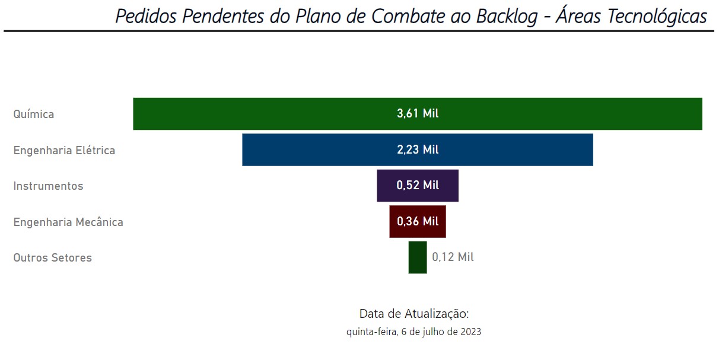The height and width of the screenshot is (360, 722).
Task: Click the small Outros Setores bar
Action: pyautogui.click(x=417, y=257)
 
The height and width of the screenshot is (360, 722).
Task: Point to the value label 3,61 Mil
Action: pyautogui.click(x=418, y=113)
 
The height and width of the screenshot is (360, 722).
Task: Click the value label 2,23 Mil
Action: pyautogui.click(x=418, y=149)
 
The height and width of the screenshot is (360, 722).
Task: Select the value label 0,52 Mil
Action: pyautogui.click(x=418, y=186)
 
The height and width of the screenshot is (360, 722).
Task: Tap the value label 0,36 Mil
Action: pyautogui.click(x=418, y=221)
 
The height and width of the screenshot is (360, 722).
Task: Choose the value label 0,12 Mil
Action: pyautogui.click(x=453, y=257)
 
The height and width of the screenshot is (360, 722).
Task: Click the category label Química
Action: pyautogui.click(x=34, y=114)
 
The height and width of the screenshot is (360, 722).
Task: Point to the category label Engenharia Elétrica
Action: pyautogui.click(x=64, y=150)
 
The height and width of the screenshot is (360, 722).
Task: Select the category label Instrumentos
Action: pyautogui.click(x=48, y=186)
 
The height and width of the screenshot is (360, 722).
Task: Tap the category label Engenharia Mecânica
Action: pyautogui.click(x=68, y=222)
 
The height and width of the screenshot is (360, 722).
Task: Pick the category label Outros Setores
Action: pyautogui.click(x=52, y=258)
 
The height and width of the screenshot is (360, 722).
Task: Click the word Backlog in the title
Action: pyautogui.click(x=506, y=16)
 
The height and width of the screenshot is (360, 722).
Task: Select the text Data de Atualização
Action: pyautogui.click(x=414, y=313)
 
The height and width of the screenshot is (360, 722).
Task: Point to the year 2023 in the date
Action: pyautogui.click(x=469, y=332)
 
